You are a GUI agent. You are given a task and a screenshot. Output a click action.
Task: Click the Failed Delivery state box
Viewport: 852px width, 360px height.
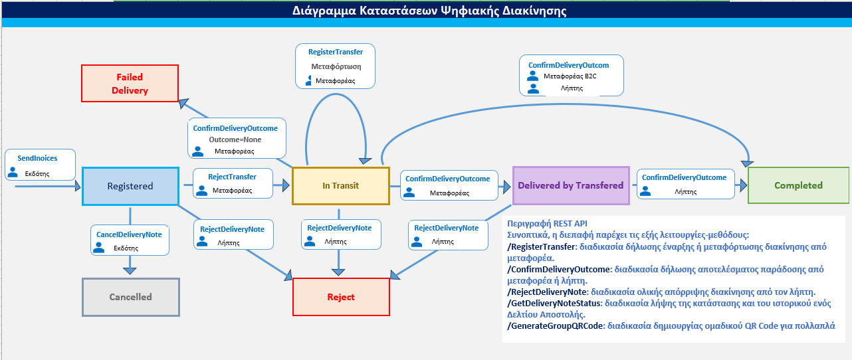tap(130, 83)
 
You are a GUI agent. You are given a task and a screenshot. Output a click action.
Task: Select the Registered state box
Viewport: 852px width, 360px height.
tap(130, 186)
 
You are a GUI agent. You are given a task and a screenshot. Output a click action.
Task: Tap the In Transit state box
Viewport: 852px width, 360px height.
tap(340, 186)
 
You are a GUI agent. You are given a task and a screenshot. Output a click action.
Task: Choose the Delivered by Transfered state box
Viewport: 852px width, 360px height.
tap(571, 185)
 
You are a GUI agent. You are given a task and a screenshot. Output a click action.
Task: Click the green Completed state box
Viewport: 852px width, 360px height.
tap(798, 185)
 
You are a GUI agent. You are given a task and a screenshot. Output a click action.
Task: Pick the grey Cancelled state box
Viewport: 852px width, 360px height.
tap(130, 297)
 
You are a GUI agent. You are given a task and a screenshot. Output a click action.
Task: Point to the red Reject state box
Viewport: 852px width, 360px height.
tap(341, 297)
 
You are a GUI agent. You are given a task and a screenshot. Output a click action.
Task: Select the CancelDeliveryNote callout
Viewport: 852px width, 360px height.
tap(130, 240)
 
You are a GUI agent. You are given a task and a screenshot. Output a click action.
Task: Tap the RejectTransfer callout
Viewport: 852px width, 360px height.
tap(233, 183)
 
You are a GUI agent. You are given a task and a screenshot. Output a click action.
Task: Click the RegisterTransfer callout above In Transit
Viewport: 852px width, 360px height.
tap(335, 66)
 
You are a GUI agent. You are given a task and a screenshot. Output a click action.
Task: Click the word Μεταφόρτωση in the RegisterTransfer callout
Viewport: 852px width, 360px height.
tap(335, 66)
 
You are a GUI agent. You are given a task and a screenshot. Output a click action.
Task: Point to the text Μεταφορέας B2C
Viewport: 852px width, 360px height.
tap(570, 76)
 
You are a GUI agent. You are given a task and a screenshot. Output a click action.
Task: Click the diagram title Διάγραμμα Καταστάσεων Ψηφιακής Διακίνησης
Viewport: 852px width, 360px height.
tap(429, 11)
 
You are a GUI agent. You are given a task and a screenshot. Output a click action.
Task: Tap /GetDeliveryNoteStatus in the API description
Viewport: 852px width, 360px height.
tap(554, 303)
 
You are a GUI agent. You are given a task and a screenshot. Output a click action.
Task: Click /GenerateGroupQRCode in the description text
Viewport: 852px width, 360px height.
tap(555, 326)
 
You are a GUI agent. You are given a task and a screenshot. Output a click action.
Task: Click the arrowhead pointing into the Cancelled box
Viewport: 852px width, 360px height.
tap(130, 270)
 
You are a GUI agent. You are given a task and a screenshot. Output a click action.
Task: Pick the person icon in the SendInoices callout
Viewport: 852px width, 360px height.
tap(13, 173)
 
